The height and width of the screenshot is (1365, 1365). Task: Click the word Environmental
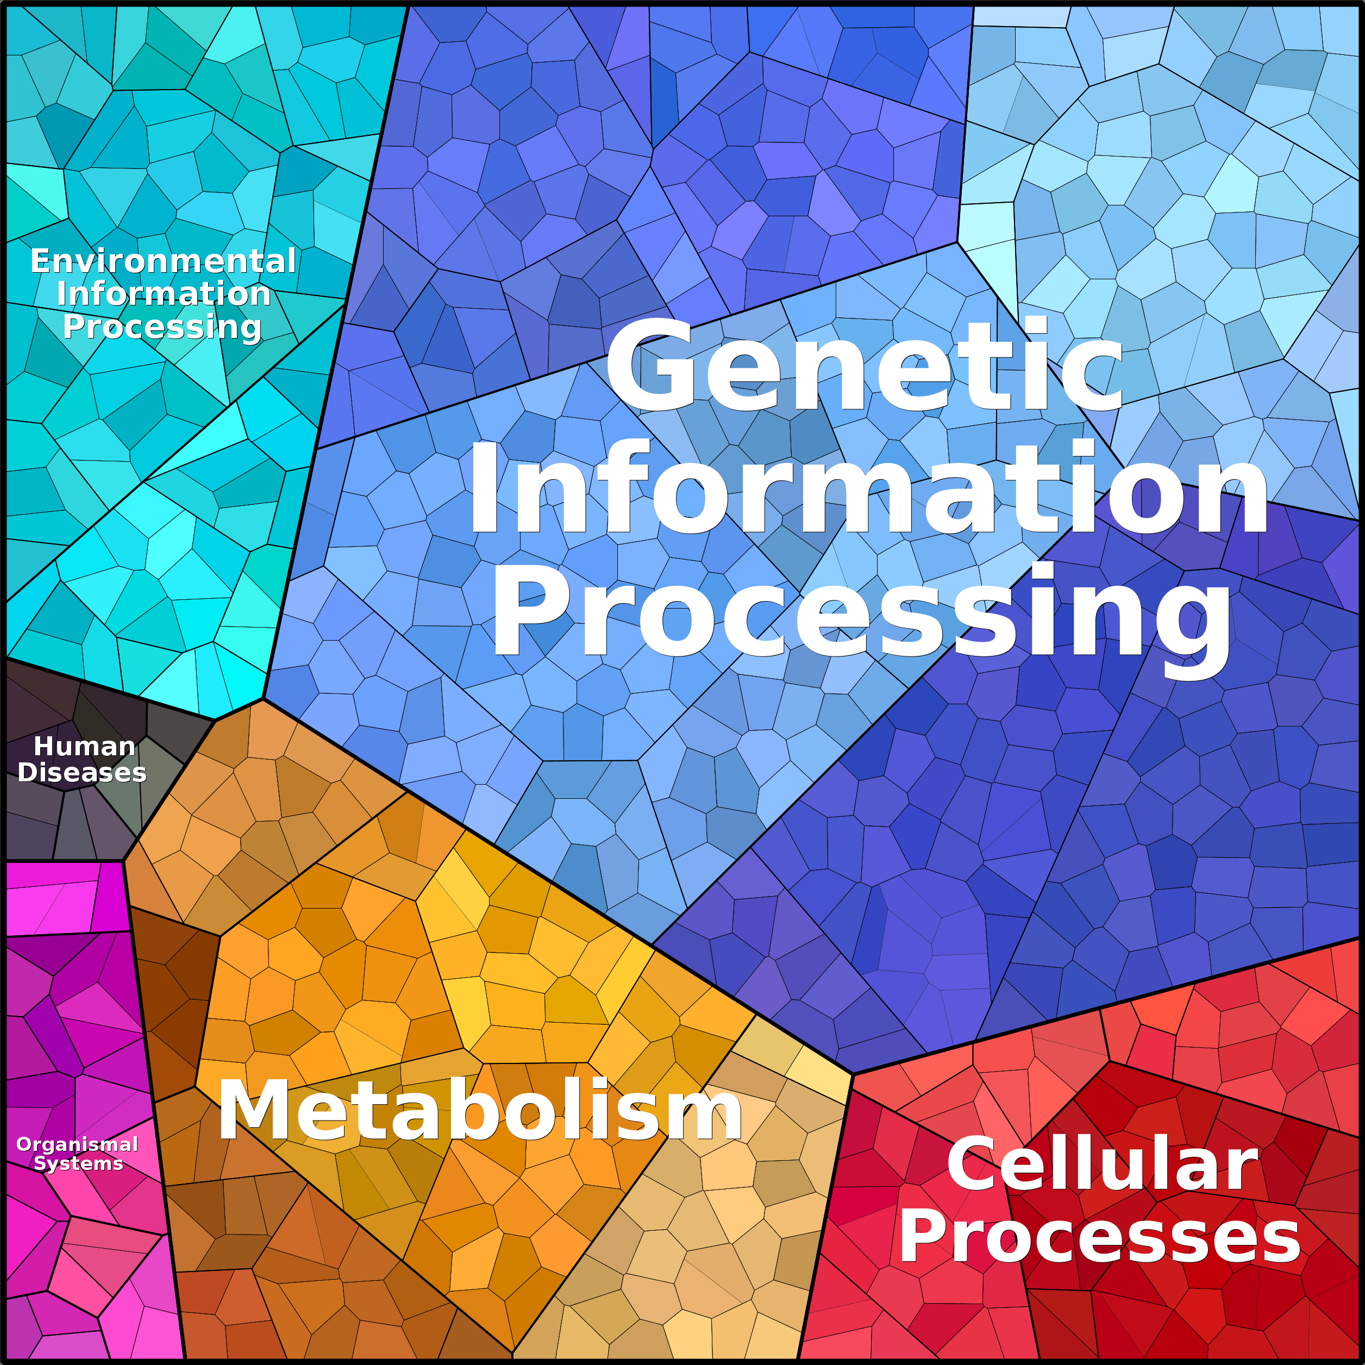[x=163, y=261]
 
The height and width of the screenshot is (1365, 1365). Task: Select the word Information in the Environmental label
[x=163, y=294]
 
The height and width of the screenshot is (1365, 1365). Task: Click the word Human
[x=85, y=746]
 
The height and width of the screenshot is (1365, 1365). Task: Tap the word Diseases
[x=82, y=772]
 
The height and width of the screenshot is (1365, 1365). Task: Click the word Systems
[x=78, y=1163]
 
